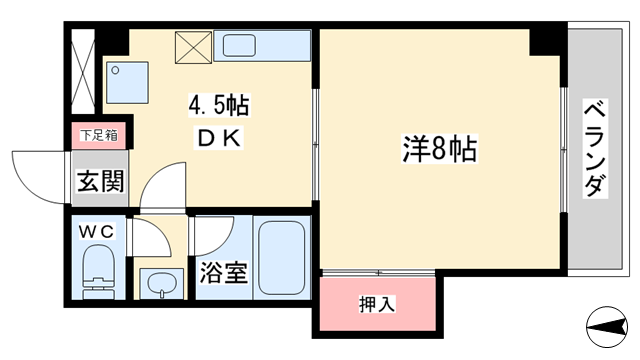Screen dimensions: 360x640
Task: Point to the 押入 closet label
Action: [x=377, y=304]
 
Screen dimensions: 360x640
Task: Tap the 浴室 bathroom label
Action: [x=223, y=273]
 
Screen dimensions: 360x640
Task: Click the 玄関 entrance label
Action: [x=99, y=182]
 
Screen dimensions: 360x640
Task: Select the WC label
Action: [x=98, y=231]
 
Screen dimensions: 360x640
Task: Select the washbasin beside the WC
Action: [x=159, y=284]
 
